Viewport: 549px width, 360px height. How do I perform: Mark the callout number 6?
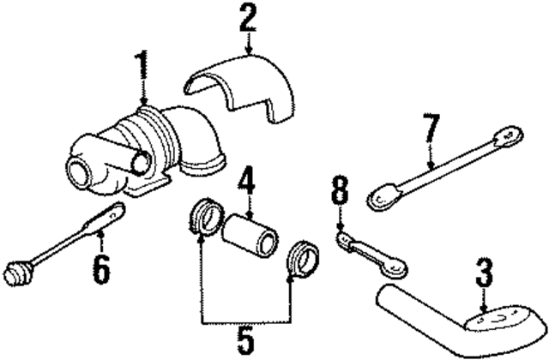tap(101, 269)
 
